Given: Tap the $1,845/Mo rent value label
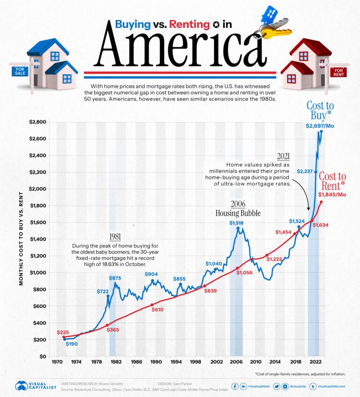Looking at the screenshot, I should coord(333,194).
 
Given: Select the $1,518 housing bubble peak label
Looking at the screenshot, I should coord(237,223).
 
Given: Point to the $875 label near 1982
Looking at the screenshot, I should coord(115,278).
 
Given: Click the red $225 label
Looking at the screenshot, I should coord(63,332).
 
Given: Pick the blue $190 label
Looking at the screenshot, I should coord(72,344).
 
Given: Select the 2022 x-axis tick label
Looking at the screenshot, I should coord(315,362).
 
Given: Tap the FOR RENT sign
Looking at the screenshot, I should coord(337,72).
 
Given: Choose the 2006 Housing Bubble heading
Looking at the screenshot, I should coord(238,208).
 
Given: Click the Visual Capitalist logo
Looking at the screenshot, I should coord(35,386).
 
